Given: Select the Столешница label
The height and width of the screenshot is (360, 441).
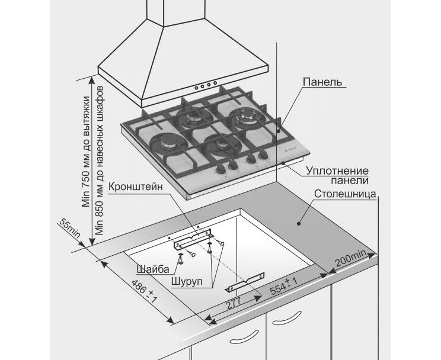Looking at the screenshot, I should [344, 194].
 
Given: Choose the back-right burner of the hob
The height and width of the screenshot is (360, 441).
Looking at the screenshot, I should [244, 116].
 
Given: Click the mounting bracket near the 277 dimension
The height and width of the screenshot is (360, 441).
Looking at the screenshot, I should [247, 284].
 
